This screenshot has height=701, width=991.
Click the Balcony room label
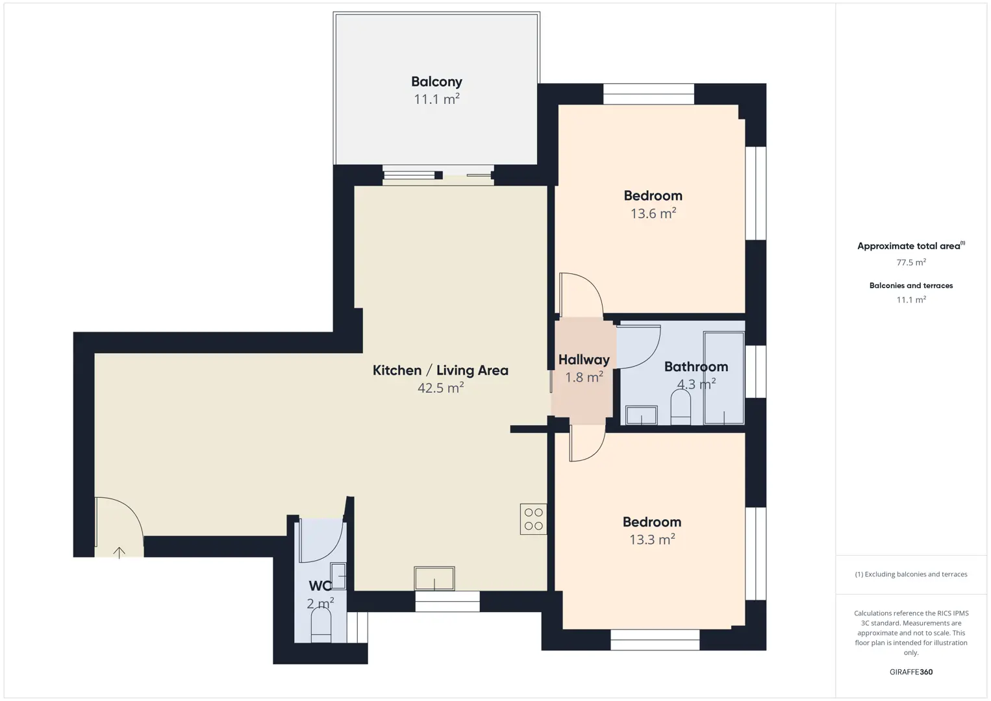436,82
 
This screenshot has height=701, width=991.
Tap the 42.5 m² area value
441,388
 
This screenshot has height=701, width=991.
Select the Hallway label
584,360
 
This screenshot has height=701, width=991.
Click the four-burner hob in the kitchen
533,519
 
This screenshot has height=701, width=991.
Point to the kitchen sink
434,578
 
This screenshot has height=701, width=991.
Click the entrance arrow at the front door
119,553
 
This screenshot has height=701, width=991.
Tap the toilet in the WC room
321,627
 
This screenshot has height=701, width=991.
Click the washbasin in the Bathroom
642,415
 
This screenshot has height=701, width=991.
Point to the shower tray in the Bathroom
724,378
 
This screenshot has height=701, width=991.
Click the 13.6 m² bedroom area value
653,214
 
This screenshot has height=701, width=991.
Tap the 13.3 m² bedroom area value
652,539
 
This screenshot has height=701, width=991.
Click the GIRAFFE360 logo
911,672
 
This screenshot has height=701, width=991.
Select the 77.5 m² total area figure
911,262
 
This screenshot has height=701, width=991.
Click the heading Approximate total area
911,246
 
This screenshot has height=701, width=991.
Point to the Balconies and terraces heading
911,286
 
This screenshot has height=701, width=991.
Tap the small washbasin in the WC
338,576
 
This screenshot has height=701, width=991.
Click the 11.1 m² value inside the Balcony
436,99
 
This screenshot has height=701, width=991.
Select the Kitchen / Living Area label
440,370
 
